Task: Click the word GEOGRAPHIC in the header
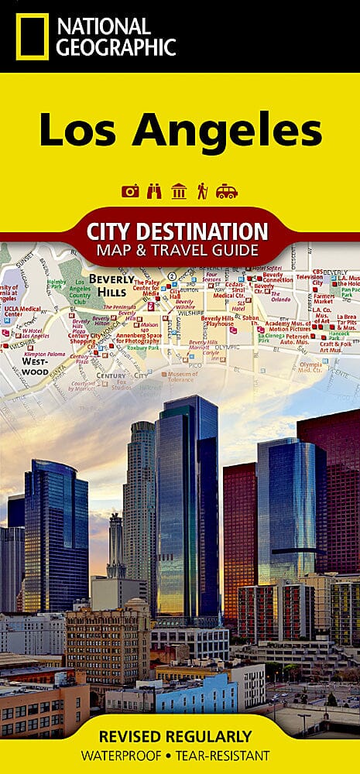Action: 114,47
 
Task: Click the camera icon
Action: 130,191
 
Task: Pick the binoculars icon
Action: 155,191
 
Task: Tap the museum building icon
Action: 179,191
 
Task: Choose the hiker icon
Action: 202,191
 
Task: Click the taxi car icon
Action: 227,191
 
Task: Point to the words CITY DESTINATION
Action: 178,231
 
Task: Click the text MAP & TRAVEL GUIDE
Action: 178,249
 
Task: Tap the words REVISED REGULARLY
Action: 180,735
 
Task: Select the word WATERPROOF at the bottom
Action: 129,755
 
